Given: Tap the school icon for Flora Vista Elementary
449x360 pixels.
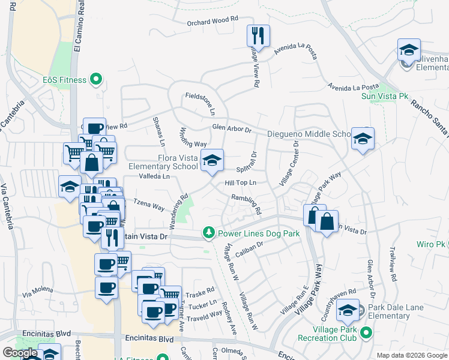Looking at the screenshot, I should coord(212,160).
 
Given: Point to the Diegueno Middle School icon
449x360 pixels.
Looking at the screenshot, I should coord(363,139).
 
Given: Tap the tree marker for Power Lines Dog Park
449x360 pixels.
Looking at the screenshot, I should coord(209,232).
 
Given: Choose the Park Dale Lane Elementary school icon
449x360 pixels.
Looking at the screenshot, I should coord(348,311).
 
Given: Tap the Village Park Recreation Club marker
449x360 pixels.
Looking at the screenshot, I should coord(364,332).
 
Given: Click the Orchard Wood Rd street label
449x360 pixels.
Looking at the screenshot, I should coord(208,20).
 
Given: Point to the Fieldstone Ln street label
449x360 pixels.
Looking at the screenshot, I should coord(200,103).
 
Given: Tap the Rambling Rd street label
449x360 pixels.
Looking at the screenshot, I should coord(247,204).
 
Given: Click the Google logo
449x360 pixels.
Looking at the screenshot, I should coord(20,353).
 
